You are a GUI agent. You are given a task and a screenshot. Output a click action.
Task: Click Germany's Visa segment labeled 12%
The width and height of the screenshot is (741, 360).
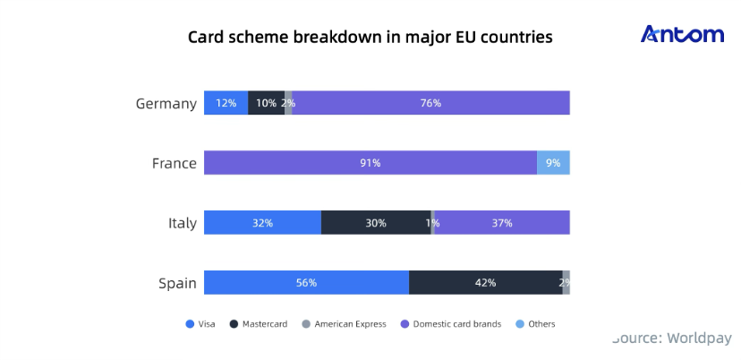[226, 103]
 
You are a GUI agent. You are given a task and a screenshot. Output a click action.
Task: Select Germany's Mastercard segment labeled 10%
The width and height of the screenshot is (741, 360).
[266, 103]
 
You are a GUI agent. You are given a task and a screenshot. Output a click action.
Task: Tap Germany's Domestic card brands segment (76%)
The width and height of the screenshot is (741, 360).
[430, 103]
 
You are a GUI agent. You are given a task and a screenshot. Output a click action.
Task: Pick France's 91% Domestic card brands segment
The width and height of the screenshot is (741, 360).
[370, 163]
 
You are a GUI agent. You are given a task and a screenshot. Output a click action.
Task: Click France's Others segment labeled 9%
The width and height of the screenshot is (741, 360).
[553, 163]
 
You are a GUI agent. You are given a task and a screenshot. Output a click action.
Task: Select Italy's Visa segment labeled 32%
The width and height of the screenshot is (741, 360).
[262, 223]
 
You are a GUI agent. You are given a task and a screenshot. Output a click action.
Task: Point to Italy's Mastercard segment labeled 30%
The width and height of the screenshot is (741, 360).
[376, 223]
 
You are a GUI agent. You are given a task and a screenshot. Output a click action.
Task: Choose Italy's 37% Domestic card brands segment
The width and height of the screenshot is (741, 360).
[502, 223]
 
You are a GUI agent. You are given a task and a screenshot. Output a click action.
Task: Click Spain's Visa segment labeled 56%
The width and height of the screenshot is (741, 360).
[306, 283]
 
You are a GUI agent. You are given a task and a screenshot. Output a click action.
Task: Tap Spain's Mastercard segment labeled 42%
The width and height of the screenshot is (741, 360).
[485, 283]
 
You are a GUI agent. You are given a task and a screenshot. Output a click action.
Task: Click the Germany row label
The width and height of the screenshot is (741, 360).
[166, 103]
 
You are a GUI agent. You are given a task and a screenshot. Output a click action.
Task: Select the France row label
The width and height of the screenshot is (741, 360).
[174, 163]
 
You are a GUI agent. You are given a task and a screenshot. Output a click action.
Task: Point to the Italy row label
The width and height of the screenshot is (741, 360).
[183, 223]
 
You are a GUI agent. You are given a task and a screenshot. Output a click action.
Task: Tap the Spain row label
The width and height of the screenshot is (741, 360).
[177, 283]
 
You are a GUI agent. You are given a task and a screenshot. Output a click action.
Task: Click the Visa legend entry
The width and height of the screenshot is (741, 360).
[200, 324]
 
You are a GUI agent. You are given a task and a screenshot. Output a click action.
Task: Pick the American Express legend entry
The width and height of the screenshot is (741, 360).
[342, 324]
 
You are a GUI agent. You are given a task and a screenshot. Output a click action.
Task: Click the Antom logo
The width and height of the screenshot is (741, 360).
[682, 35]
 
